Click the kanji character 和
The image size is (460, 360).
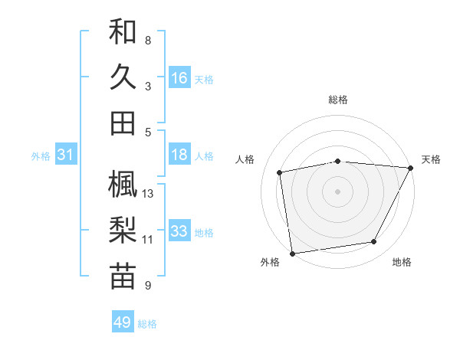pos(123,32)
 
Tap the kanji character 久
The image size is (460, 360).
pos(123,77)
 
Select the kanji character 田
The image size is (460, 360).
pos(123,122)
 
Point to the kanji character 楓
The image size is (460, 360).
pos(123,185)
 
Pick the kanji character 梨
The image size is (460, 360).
pos(123,230)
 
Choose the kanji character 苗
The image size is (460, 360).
pos(123,276)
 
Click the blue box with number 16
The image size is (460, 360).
pos(179,78)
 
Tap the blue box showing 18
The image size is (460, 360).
pos(179,155)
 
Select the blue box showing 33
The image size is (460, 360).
pos(179,231)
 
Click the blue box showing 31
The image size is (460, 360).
pos(66,155)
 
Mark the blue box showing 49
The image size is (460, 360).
pos(123,322)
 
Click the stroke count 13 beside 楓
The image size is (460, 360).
pos(149,194)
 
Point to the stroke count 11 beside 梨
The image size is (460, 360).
pos(148,240)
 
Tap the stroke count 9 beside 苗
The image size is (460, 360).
pos(148,286)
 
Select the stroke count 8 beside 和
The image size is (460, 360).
pos(148,40)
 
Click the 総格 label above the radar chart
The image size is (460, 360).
pos(338,100)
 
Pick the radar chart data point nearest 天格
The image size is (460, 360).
pos(410,169)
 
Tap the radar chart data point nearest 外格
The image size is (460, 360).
pos(292,252)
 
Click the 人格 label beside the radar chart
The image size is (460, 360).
pos(245,159)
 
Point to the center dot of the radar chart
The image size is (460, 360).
pos(337,191)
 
